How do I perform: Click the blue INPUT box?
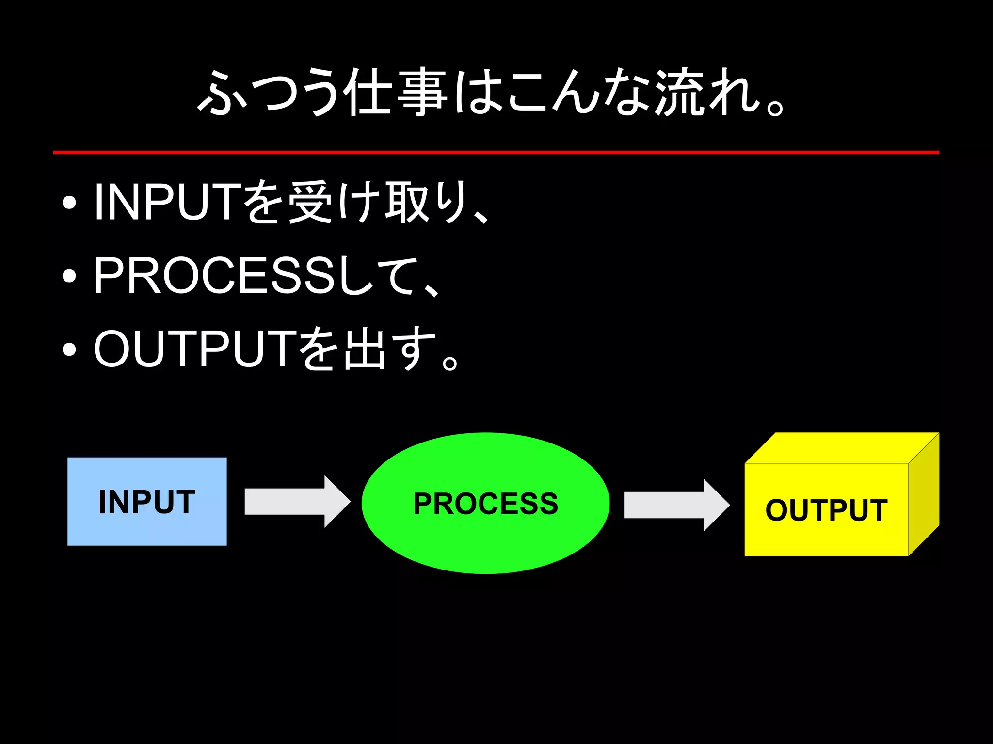coord(146,501)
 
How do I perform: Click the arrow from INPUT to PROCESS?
coord(296,502)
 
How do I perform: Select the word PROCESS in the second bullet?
coord(213,275)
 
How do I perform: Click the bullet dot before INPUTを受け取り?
coord(69,203)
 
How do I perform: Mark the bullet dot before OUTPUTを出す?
coord(69,349)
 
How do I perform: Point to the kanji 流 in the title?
coord(678,92)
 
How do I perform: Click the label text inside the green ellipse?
coord(485,504)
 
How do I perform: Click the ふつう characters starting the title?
coord(267,92)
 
